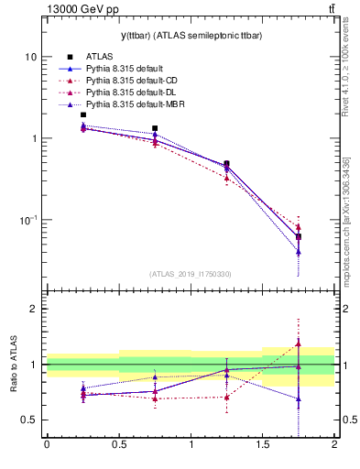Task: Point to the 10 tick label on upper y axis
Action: [30, 57]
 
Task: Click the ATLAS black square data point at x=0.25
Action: [82, 115]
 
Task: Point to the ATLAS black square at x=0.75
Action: [155, 128]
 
